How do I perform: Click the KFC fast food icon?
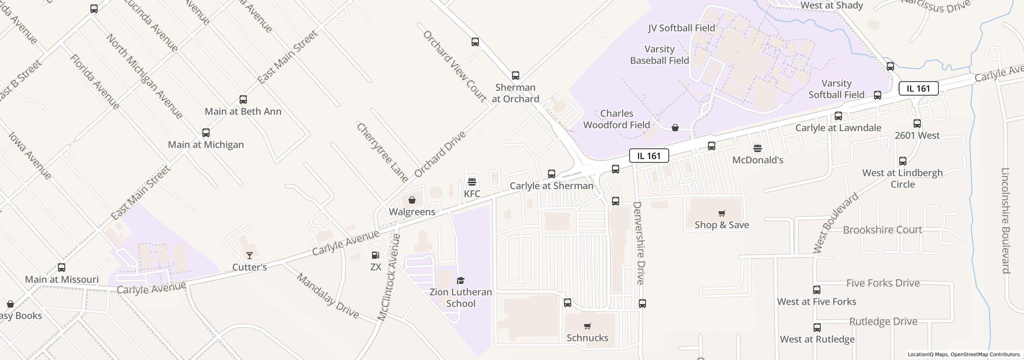tap(472, 182)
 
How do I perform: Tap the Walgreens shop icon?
tap(412, 200)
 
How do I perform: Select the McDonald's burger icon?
tap(757, 148)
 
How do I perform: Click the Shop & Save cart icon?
tap(722, 213)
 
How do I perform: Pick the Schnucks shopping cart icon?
tap(587, 326)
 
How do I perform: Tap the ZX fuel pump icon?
tap(375, 255)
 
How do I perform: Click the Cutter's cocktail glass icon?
tap(249, 255)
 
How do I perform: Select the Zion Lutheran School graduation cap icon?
tap(460, 280)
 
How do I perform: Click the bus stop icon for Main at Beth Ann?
tap(243, 100)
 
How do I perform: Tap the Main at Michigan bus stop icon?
tap(206, 133)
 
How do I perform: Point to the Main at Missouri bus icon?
tap(62, 268)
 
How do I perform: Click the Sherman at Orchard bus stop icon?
tap(515, 76)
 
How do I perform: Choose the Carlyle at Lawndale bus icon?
tap(838, 116)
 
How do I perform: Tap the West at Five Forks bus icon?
tap(816, 290)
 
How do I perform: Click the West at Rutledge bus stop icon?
tap(817, 328)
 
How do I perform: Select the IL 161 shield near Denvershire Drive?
tap(649, 156)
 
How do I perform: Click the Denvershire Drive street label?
tap(639, 243)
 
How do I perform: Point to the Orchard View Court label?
tap(455, 66)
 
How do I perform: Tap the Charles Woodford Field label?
tap(616, 119)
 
